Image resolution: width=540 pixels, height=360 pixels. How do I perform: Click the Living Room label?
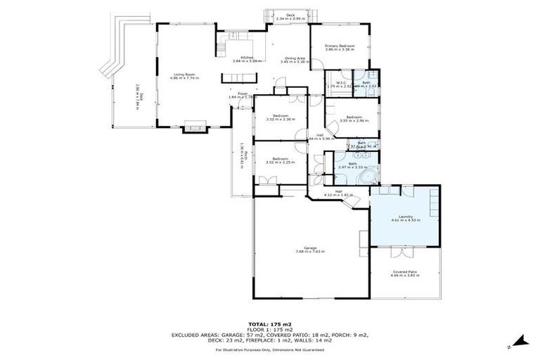[x=186, y=74]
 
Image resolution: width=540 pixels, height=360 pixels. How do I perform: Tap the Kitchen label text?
[x=247, y=57]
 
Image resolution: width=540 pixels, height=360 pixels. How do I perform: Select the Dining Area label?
[x=295, y=58]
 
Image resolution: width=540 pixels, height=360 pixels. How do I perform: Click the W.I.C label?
[x=340, y=82]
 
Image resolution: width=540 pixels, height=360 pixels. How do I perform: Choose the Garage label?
[x=310, y=247]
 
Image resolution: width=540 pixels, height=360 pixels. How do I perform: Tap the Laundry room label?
[x=405, y=217]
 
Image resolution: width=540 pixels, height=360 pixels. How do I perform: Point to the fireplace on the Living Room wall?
[x=194, y=128]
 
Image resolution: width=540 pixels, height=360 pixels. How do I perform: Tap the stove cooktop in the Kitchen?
[x=220, y=49]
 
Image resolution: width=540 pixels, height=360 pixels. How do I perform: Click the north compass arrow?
[x=521, y=342]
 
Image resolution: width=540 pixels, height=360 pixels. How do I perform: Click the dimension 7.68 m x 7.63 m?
[x=310, y=251]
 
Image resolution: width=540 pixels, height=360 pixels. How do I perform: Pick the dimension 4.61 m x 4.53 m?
[x=405, y=221]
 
